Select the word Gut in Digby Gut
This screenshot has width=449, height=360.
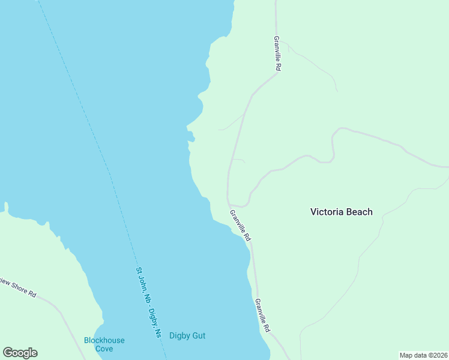coord(199,335)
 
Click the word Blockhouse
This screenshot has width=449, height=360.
coord(104,340)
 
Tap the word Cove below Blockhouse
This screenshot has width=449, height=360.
coord(104,349)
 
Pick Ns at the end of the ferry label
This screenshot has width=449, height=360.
coord(158,332)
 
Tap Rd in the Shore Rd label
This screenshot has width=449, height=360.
coord(32,295)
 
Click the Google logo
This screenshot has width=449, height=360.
coord(20,353)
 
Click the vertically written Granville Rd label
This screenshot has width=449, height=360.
coord(277,54)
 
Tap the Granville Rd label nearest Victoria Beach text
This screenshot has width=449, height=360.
coord(240,226)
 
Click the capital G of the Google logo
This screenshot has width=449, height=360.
coord(8,353)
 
